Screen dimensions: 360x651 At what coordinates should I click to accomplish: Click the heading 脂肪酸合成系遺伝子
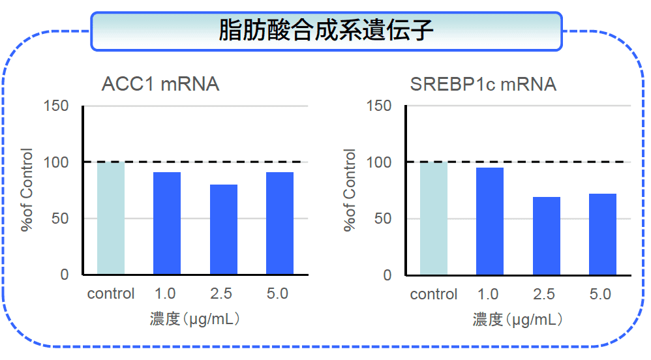tap(325, 31)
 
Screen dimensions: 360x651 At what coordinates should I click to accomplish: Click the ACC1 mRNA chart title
tap(160, 84)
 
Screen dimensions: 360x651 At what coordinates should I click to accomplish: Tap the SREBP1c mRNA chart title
tap(483, 84)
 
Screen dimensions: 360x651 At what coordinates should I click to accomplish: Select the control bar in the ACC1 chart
tap(111, 218)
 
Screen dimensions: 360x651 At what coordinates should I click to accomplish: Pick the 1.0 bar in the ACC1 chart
tap(167, 224)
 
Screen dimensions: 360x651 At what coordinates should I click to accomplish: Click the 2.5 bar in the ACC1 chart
tap(223, 230)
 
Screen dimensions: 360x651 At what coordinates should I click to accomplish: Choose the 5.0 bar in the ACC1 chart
tap(280, 224)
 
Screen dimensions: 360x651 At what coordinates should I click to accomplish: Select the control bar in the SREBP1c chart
tap(434, 218)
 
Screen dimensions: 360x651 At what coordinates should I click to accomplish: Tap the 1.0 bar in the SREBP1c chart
tap(490, 221)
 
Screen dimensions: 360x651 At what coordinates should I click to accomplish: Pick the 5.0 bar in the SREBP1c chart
tap(603, 234)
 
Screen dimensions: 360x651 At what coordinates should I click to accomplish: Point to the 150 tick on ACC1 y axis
tap(56, 106)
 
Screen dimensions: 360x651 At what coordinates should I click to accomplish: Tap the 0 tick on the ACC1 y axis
tap(65, 275)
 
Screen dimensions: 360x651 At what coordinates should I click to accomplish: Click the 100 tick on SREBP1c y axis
tap(379, 162)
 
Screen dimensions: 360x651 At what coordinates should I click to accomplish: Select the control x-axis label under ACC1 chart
tap(111, 293)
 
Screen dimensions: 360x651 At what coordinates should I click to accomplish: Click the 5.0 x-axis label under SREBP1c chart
tap(600, 294)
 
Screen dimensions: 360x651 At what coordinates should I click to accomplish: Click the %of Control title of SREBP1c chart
tap(350, 190)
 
